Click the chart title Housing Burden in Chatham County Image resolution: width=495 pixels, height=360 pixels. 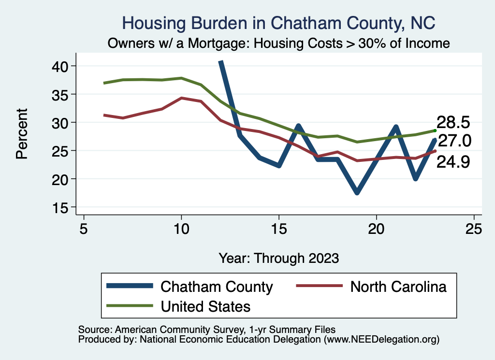pos(278,23)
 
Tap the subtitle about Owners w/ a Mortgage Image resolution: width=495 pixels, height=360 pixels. pos(278,43)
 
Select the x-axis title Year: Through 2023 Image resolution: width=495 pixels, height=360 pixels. pos(278,258)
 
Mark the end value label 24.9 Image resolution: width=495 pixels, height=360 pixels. pos(453,162)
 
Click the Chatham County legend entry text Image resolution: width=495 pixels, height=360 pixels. pos(217,287)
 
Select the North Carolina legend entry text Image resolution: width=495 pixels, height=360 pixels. pos(398,287)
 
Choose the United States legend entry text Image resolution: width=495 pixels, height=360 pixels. pos(205,306)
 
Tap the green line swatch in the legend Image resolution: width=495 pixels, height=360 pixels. pos(130,306)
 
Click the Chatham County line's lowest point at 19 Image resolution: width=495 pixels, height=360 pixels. pos(357,192)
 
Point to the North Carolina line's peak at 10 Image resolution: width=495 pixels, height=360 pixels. pos(181,98)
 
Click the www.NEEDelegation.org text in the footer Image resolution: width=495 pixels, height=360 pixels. pos(382,340)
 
